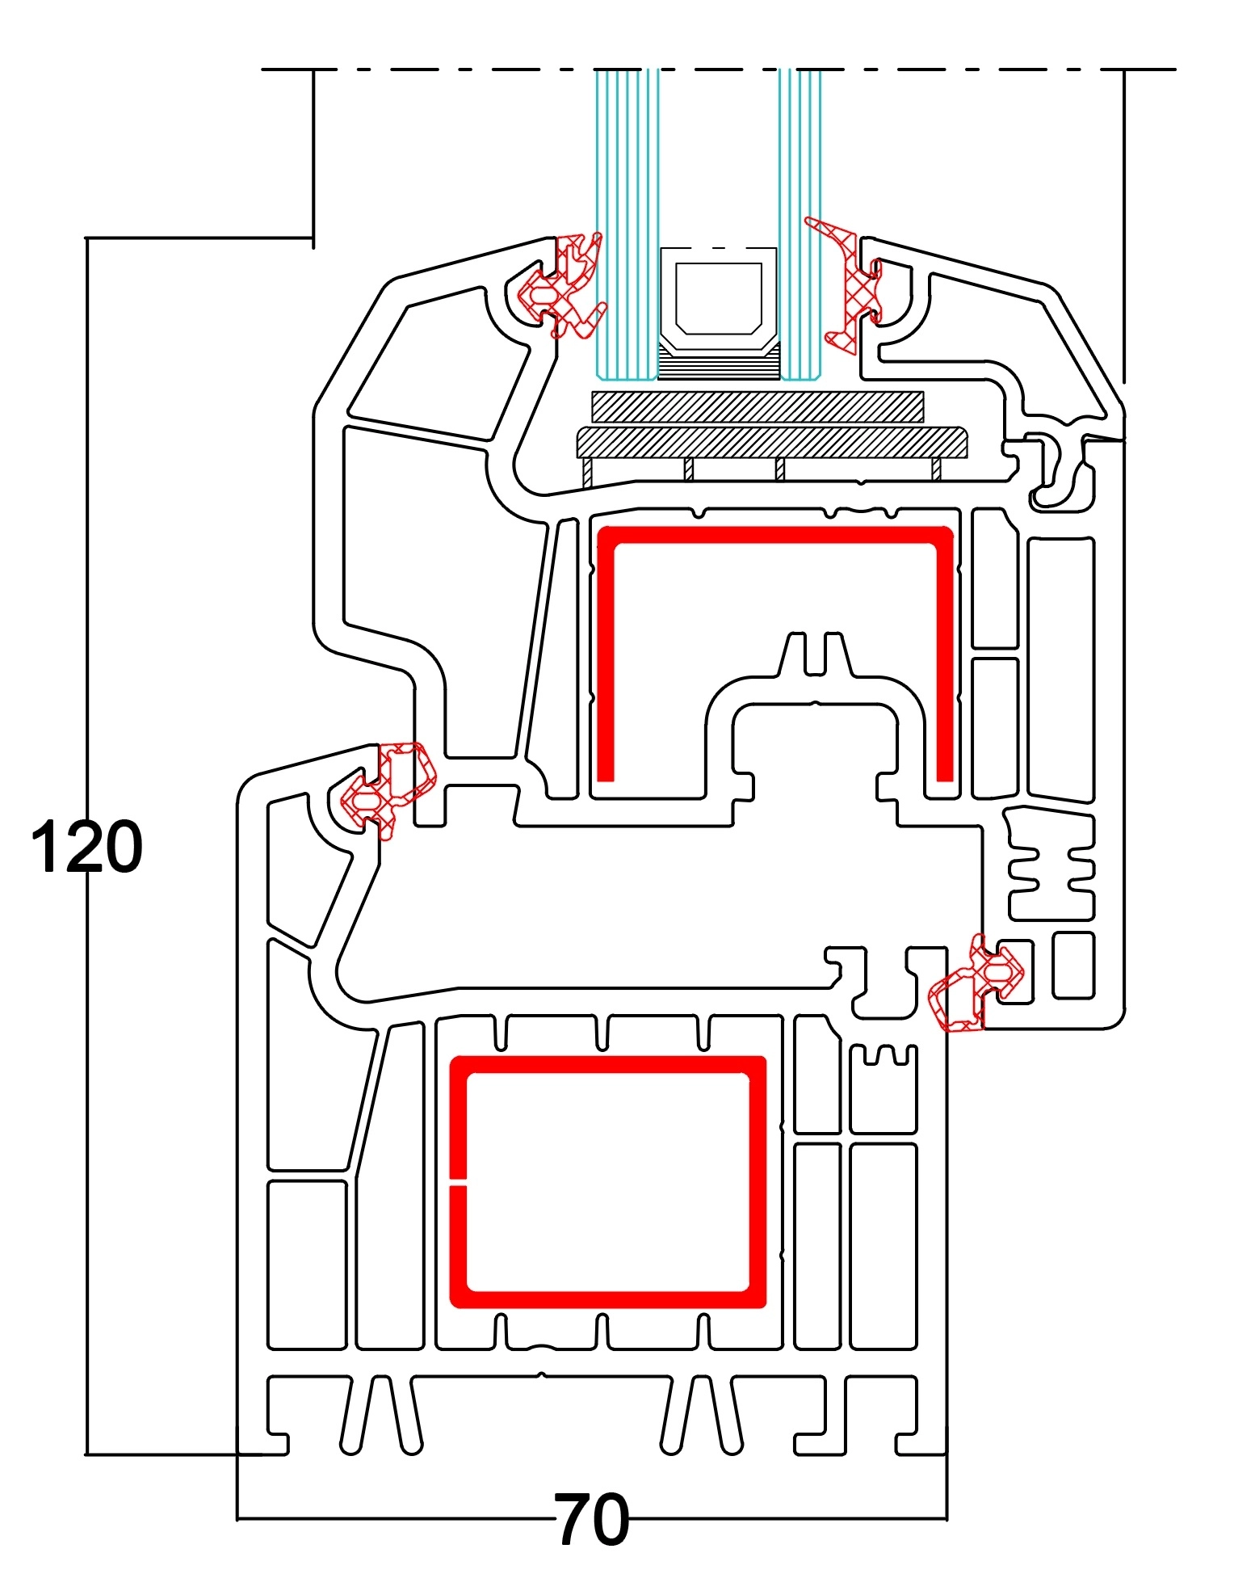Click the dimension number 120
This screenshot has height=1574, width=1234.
point(86,847)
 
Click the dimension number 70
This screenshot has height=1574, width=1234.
point(591,1518)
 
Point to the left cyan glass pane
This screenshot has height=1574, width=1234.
point(625,202)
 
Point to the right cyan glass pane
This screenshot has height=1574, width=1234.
point(800,202)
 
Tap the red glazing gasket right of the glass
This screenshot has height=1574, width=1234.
point(852,291)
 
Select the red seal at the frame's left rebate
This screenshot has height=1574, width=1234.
point(388,788)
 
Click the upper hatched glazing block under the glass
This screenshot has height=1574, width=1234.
point(757,406)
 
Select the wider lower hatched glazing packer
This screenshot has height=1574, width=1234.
point(771,442)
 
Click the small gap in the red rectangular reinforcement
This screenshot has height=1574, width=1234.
point(457,1185)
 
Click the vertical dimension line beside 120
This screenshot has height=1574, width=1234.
point(86,566)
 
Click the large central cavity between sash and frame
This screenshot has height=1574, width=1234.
point(646,905)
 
